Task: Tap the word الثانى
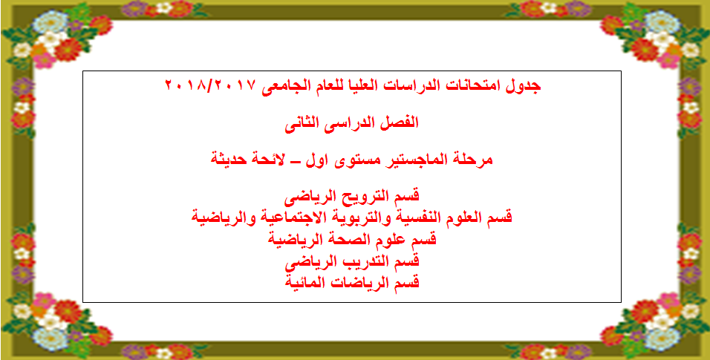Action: (302, 122)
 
